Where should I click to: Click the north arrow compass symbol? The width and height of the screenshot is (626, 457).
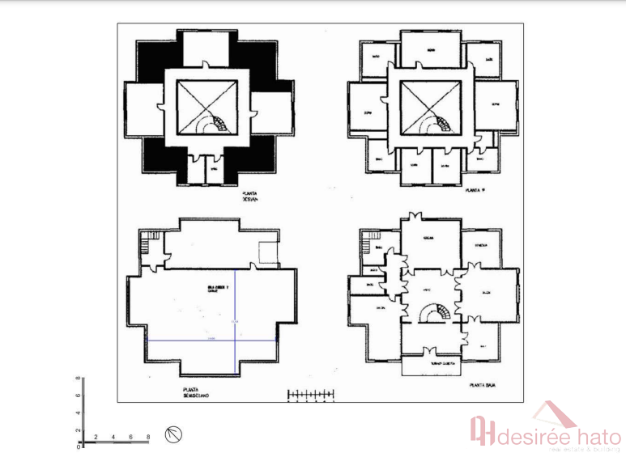(173, 434)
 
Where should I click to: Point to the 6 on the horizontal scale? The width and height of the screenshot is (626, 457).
(130, 438)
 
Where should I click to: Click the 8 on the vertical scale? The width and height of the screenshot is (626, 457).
(78, 379)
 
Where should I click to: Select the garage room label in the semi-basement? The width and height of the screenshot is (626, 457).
(214, 289)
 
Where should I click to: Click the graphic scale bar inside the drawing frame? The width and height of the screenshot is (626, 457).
(311, 395)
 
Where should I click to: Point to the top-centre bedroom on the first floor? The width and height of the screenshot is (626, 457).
(431, 50)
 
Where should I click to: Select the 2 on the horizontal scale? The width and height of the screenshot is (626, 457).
(96, 438)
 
